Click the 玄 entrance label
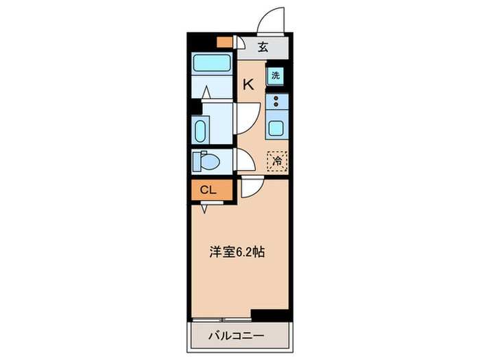(263, 47)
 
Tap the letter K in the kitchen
(248, 84)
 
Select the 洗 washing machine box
(275, 76)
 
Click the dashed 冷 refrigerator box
(276, 162)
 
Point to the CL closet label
(208, 190)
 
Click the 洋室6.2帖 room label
(237, 252)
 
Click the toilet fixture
(209, 162)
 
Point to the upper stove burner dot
(276, 99)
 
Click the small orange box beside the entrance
(223, 41)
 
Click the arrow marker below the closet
(204, 211)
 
